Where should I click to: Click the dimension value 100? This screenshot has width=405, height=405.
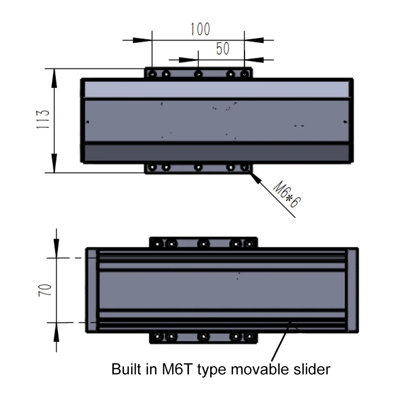click(x=200, y=29)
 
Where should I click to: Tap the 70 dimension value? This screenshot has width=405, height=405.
click(x=45, y=290)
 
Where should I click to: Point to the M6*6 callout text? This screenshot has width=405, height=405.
click(x=286, y=195)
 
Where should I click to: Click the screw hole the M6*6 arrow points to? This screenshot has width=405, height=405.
click(x=245, y=167)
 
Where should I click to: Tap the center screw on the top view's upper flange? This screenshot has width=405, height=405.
click(x=198, y=74)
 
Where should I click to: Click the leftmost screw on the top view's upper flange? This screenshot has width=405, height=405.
click(x=152, y=74)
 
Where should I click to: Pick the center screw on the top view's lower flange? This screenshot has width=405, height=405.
click(x=198, y=167)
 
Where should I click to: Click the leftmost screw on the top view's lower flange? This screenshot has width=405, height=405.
click(x=152, y=167)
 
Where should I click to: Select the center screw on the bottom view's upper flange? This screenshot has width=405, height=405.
click(x=203, y=244)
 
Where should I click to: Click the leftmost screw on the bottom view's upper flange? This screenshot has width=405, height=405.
click(x=158, y=244)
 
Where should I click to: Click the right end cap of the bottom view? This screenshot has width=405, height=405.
click(x=352, y=290)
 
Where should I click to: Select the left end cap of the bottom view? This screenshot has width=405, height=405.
click(x=92, y=290)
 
